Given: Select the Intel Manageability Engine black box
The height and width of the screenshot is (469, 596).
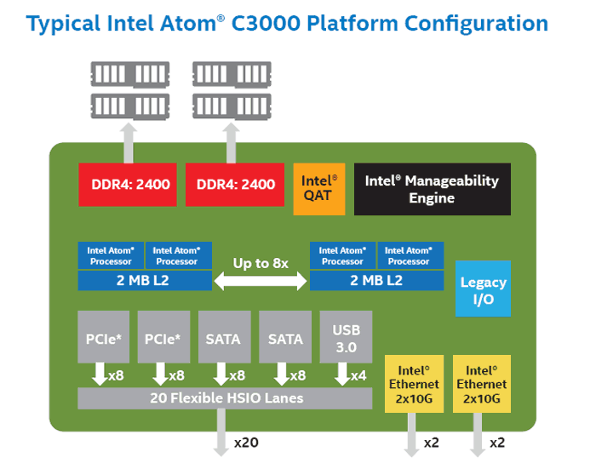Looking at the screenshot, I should point(432,189).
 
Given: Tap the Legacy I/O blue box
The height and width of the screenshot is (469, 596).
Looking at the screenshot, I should point(483,289).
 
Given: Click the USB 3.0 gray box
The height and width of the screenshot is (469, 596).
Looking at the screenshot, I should point(346,338).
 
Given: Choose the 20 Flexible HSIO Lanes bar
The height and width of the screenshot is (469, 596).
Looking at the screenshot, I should point(225,398).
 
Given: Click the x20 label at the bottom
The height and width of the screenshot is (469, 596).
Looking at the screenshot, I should point(246,443).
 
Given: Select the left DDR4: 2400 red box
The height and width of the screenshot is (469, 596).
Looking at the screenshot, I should point(130,184).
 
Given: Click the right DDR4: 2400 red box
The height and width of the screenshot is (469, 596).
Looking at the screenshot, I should point(236,184).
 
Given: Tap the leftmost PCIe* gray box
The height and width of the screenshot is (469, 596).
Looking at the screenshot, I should point(104,338).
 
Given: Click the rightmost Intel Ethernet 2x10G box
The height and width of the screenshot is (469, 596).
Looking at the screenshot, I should point(481,384).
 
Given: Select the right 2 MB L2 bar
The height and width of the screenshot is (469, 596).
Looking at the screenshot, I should point(376,279).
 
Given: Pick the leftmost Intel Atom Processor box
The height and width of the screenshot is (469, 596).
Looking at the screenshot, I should point(111,255).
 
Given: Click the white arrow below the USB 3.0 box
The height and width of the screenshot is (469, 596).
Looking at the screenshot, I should point(344,375).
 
